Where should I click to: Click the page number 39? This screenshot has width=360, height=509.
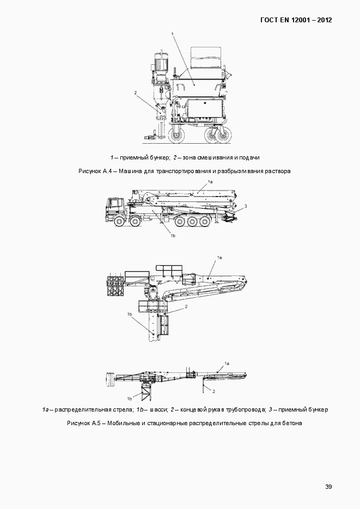coord(328,486)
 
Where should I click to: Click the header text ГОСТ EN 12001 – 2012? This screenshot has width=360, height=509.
coord(296,20)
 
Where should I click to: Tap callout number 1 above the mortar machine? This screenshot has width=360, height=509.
coord(173,34)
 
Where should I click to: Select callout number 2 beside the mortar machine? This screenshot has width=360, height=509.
coord(135,93)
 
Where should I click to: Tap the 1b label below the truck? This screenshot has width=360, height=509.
coord(172,235)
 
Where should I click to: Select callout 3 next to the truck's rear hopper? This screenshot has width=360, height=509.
coord(246,206)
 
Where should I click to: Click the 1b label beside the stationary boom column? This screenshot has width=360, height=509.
coord(130,314)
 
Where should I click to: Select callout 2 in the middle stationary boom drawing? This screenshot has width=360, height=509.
coord(186,307)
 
